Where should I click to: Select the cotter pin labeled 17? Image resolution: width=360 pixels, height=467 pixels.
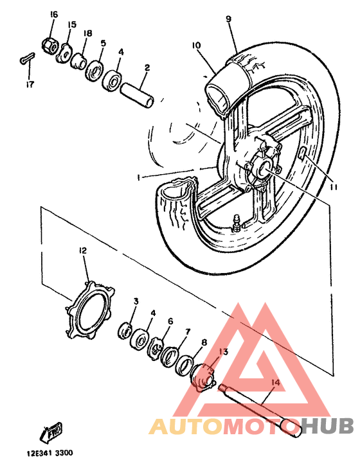(x=28, y=58)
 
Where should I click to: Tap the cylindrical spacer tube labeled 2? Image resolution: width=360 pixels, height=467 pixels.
(x=137, y=95)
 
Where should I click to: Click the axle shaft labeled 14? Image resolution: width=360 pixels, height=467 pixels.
(x=259, y=410)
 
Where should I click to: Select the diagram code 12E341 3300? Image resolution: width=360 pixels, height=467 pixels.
(x=50, y=453)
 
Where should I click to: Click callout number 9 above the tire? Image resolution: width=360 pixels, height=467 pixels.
(x=228, y=19)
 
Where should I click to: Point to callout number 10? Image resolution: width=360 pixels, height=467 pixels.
(x=196, y=45)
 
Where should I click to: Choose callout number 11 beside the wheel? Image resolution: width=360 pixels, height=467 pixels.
(x=333, y=187)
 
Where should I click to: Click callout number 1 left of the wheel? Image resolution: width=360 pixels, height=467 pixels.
(x=138, y=177)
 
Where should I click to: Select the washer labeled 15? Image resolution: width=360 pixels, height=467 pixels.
(x=64, y=53)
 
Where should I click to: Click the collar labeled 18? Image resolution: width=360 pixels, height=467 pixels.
(x=78, y=61)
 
